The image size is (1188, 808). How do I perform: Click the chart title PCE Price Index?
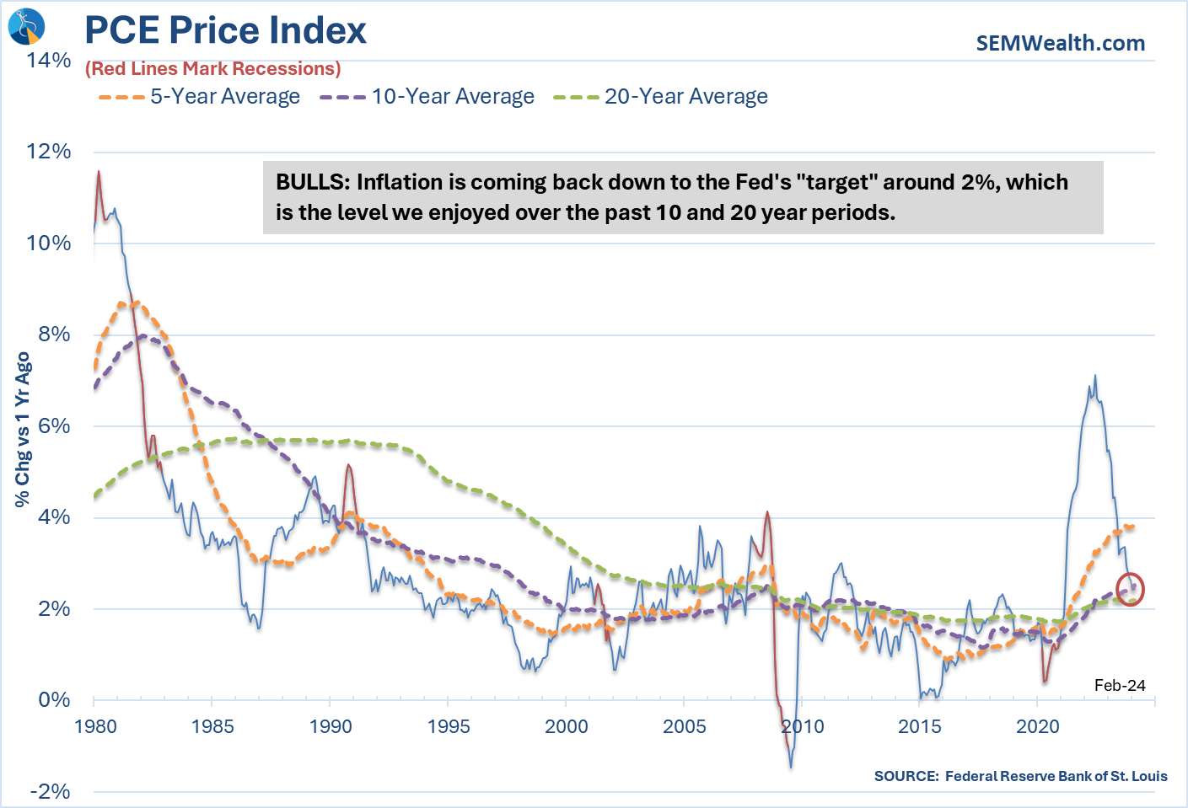225,30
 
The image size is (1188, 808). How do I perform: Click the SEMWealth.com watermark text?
1060,43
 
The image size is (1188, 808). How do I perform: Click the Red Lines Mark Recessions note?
213,69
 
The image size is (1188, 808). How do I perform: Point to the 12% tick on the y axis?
49,152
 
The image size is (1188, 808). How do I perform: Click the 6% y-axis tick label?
54,425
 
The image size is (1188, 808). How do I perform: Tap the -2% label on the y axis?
51,791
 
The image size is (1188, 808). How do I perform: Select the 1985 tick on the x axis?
212,726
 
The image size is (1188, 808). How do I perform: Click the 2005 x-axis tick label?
684,726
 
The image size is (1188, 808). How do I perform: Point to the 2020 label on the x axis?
1037,726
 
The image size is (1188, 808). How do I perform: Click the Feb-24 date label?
1120,685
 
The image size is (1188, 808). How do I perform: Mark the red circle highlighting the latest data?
1130,589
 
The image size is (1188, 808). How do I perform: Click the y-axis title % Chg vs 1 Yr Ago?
23,430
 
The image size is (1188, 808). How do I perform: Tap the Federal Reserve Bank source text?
1020,776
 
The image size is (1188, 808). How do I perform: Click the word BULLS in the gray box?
311,183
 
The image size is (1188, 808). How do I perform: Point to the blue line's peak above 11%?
99,172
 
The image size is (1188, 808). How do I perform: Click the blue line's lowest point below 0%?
791,766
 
